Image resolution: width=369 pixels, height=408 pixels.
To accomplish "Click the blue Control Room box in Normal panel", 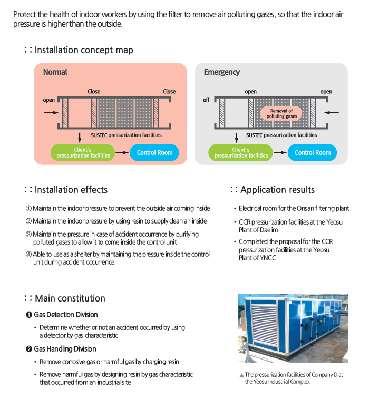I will [x=154, y=153].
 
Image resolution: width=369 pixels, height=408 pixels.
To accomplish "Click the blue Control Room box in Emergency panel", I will [x=313, y=153].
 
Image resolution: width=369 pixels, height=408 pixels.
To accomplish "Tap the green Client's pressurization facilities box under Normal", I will [x=83, y=153].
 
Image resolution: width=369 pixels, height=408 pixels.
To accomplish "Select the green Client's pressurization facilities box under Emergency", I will [x=241, y=153].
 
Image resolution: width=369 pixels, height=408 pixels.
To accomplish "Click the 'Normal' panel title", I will [x=55, y=72].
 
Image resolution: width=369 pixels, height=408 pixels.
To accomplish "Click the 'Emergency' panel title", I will [x=221, y=72].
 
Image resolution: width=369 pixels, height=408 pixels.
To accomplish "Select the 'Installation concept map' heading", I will [x=83, y=50].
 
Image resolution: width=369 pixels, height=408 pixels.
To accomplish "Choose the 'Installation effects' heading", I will [x=71, y=190].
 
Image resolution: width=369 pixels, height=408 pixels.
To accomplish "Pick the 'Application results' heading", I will [x=277, y=190].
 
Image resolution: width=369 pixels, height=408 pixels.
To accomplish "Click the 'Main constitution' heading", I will [x=70, y=298].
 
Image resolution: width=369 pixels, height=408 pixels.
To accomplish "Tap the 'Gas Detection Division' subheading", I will [x=66, y=315].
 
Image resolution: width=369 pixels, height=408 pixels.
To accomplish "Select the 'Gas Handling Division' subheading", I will [x=65, y=349].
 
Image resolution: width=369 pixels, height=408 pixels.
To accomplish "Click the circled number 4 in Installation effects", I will [x=29, y=255].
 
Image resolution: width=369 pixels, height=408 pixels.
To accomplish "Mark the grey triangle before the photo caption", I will [x=241, y=375].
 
